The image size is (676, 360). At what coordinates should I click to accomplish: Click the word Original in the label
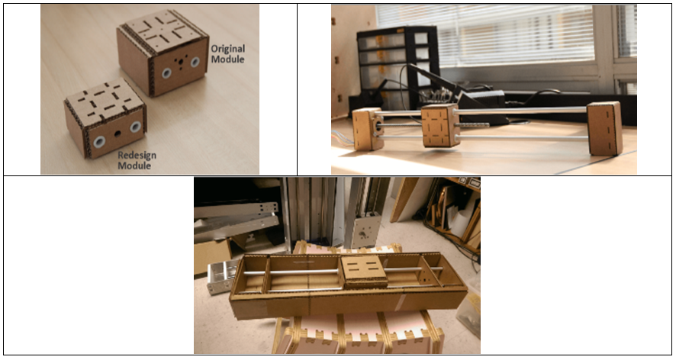coord(227,49)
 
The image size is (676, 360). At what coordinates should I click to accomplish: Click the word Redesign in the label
coord(137,155)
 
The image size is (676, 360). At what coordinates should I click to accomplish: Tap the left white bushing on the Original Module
coord(167,73)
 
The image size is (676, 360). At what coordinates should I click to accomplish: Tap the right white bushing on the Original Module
coord(195,62)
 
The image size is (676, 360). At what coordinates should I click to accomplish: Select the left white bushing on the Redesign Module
coord(100,141)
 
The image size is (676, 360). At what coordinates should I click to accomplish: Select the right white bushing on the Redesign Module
coord(135,127)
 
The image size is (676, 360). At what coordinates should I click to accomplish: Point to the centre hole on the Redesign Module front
coord(117,134)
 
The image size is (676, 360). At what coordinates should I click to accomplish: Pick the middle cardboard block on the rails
coord(439,125)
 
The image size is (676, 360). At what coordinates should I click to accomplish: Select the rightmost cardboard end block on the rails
coord(604,128)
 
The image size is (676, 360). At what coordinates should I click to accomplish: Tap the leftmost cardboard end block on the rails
coord(368,129)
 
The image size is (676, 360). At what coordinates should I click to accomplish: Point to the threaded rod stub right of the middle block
coord(473,125)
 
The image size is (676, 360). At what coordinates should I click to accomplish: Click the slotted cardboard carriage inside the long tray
coord(363,272)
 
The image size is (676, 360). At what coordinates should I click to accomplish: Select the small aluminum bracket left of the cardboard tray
coord(221,276)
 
